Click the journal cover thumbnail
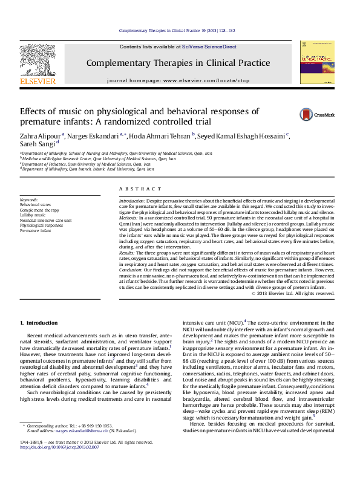coord(316,65)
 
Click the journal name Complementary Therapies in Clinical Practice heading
coord(178,63)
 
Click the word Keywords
coord(29,199)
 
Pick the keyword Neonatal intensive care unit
coord(45,220)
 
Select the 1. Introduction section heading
coord(39,323)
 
